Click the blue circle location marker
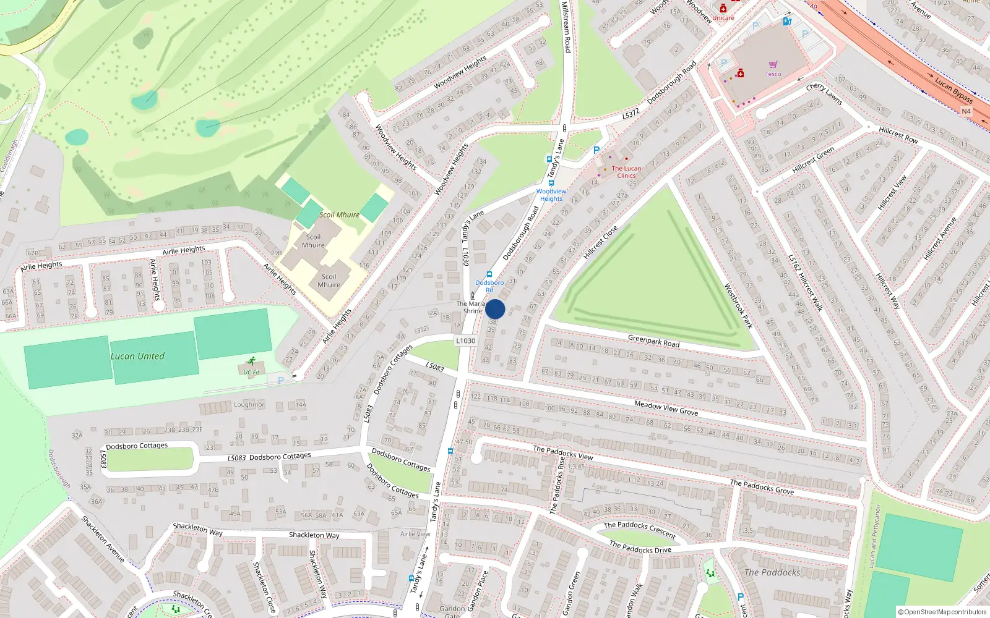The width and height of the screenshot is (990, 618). tap(495, 309)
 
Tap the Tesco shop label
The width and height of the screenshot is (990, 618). tap(773, 74)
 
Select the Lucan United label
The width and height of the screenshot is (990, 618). tap(137, 356)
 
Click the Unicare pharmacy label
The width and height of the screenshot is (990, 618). tap(723, 18)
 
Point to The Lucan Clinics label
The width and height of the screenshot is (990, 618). tap(626, 172)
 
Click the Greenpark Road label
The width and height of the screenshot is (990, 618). tap(653, 341)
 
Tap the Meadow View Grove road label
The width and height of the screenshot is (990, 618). tap(666, 408)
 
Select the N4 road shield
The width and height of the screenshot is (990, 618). tap(966, 111)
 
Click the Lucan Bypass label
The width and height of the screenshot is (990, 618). tap(953, 91)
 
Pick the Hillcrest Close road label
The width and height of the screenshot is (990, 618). tap(600, 242)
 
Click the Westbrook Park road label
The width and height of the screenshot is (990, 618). tap(738, 306)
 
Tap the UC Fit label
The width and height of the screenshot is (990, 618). tap(251, 372)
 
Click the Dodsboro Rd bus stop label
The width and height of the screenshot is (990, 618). tap(489, 286)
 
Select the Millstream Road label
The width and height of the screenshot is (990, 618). tap(566, 26)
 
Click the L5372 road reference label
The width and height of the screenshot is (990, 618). tap(631, 114)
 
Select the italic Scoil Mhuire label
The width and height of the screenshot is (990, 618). tap(339, 214)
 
